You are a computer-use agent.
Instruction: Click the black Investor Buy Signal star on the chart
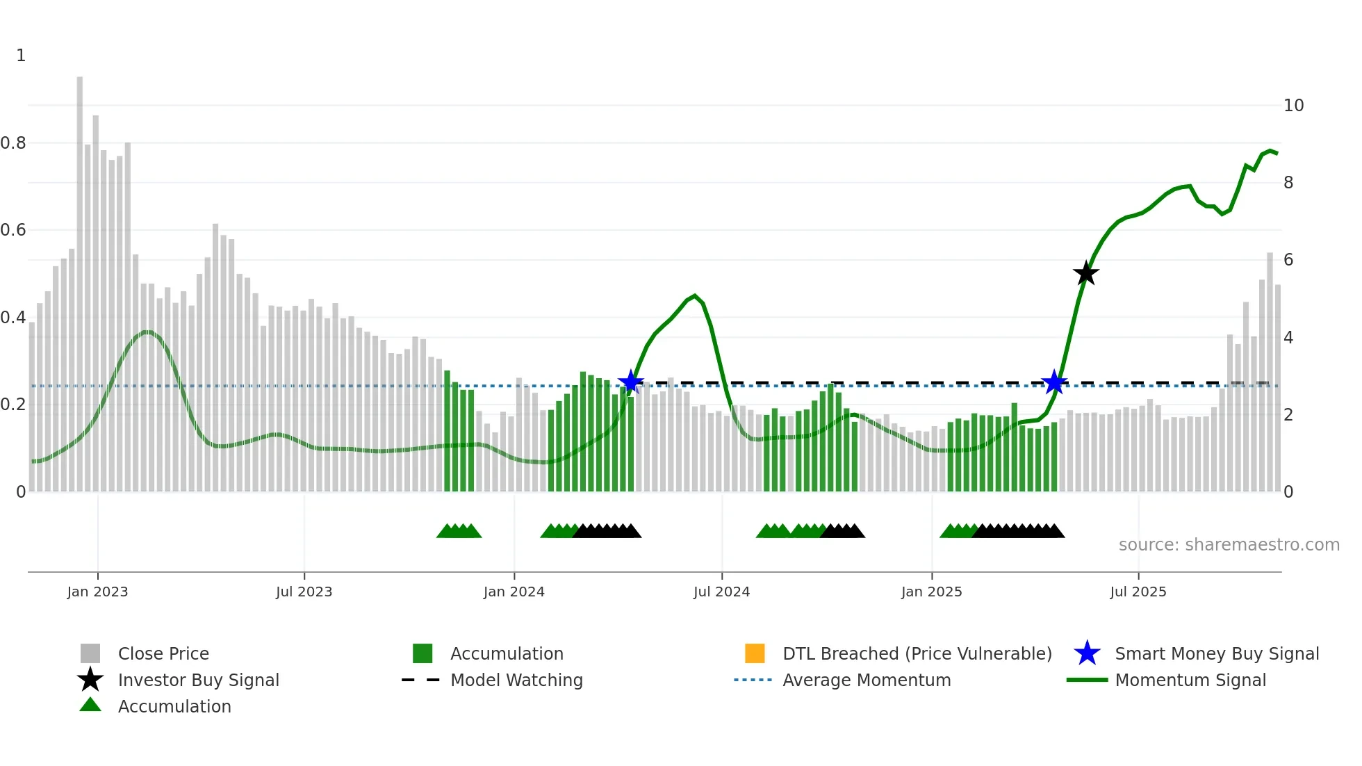1085,274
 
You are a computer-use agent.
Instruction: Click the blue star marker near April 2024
630,382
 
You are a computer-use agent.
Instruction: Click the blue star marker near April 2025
1054,382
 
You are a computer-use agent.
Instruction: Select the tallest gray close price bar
80,278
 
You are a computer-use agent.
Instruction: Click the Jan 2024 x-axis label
514,592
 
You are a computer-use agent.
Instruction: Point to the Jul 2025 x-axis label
1138,592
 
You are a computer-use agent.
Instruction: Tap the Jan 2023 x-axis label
97,592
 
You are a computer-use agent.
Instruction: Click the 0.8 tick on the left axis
14,142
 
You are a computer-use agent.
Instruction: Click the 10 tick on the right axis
1293,105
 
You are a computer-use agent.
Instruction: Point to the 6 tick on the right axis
1288,260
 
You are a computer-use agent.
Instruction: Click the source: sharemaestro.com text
1229,545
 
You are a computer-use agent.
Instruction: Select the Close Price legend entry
163,653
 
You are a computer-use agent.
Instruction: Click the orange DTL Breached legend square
755,653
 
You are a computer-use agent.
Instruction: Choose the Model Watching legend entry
516,680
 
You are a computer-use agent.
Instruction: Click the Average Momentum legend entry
866,680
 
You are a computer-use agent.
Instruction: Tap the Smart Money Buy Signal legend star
1087,653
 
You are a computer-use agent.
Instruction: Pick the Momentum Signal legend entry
1190,680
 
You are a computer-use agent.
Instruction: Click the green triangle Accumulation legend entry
174,706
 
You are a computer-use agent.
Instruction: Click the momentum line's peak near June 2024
695,295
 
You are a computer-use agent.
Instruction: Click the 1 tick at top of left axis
21,56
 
